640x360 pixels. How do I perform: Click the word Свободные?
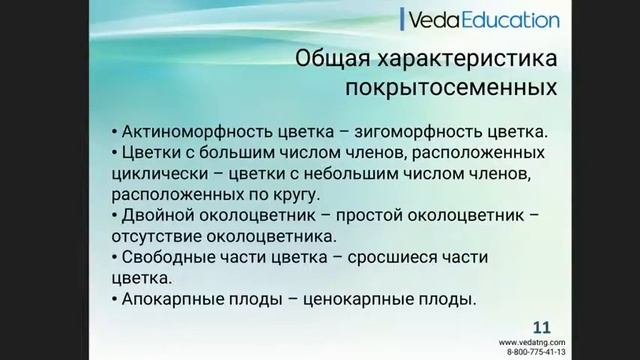(x=170, y=258)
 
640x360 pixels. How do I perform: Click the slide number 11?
(x=541, y=327)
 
